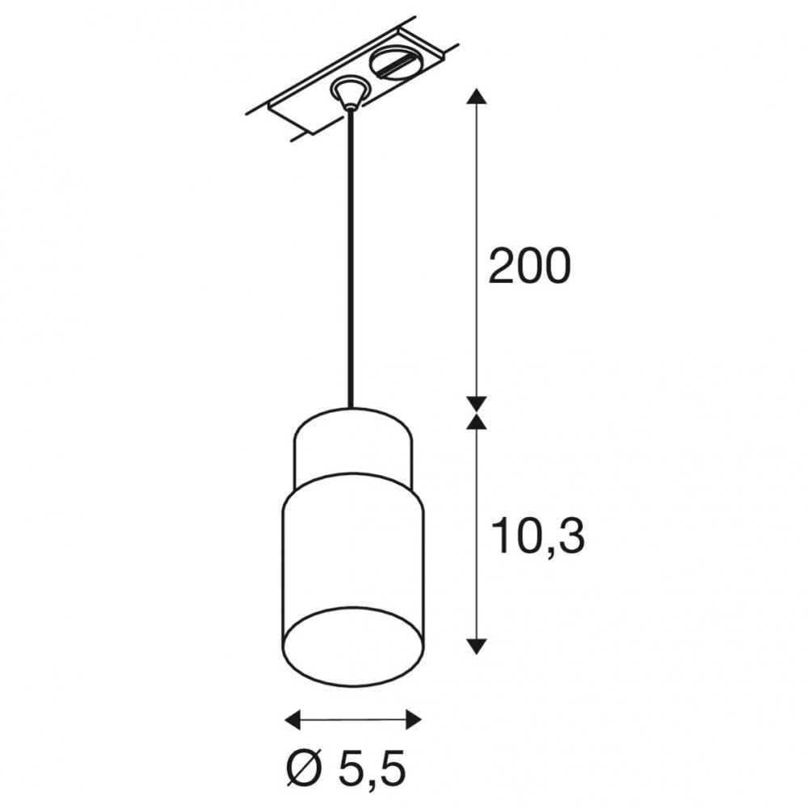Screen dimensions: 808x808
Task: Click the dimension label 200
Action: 529,266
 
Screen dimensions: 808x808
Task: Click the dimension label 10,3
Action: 537,537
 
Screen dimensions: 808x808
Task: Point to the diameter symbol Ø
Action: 304,770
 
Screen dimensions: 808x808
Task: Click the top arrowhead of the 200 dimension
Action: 478,96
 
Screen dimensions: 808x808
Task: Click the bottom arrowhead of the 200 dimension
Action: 478,405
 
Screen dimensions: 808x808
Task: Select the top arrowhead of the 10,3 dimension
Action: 478,421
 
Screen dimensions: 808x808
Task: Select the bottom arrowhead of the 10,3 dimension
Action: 478,646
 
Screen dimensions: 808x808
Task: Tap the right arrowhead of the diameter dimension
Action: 414,719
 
